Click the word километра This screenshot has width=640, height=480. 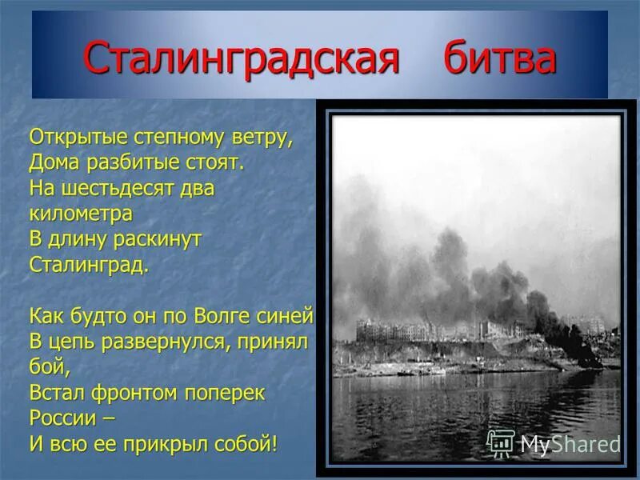pyautogui.click(x=81, y=214)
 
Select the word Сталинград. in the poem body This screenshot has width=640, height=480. pyautogui.click(x=89, y=264)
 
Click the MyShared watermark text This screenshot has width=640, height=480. pyautogui.click(x=570, y=443)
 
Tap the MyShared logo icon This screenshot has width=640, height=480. pyautogui.click(x=501, y=442)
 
